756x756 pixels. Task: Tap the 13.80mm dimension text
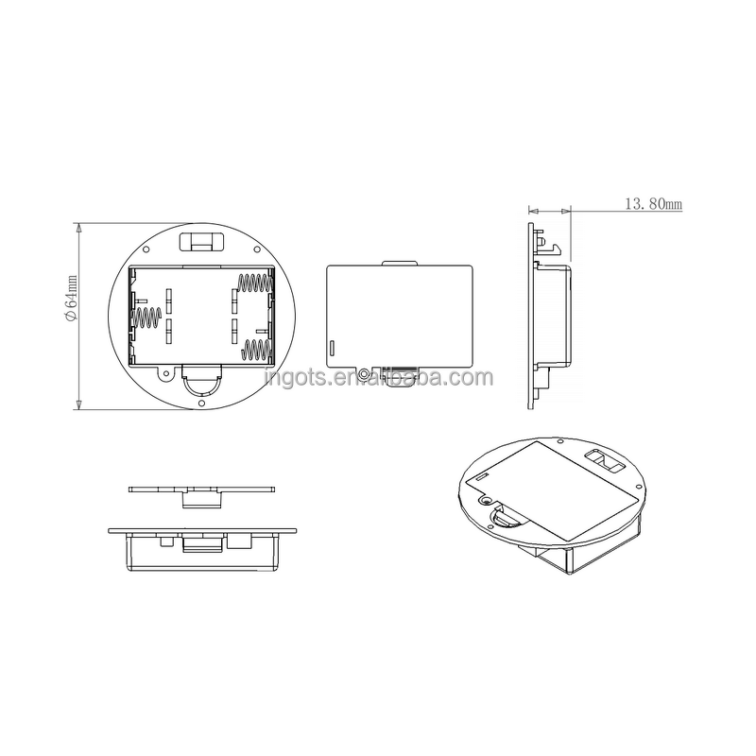pos(653,203)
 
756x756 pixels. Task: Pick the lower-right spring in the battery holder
pos(255,351)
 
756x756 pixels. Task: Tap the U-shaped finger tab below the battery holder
pos(201,382)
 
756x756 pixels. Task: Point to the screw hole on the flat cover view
pos(364,372)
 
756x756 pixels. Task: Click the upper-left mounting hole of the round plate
pos(148,249)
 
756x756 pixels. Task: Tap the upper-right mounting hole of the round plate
pos(254,249)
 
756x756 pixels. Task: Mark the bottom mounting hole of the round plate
pos(201,404)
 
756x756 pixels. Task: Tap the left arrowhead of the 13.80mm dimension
pos(532,210)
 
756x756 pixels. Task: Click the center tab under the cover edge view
pos(200,498)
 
